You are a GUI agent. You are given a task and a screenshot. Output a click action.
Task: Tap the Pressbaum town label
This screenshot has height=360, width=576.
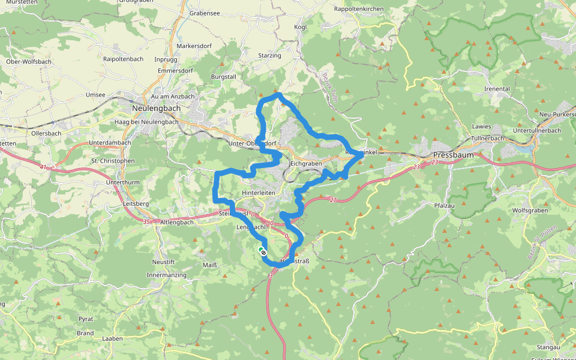click(453, 155)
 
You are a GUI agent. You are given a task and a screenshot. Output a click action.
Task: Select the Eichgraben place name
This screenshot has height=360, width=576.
click(306, 163)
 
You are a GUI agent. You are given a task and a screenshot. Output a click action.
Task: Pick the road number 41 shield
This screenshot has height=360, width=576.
click(43, 167)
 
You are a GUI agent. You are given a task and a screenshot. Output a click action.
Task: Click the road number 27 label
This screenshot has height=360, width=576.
click(334, 200)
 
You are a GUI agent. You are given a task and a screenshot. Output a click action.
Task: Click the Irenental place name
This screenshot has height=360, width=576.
click(497, 89)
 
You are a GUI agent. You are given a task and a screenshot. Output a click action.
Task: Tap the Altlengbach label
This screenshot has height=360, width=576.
click(177, 222)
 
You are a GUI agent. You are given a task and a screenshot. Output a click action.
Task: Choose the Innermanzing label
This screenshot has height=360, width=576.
click(166, 275)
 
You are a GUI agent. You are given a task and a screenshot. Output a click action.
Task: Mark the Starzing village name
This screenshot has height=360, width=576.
click(269, 56)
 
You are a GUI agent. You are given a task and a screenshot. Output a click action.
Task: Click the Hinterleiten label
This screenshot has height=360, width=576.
click(258, 193)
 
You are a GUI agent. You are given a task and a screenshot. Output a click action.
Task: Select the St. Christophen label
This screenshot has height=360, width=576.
click(113, 161)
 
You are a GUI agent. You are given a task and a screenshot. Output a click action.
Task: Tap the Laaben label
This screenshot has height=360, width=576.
click(112, 338)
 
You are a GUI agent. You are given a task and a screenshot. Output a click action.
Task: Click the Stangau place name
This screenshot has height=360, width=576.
click(549, 347)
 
